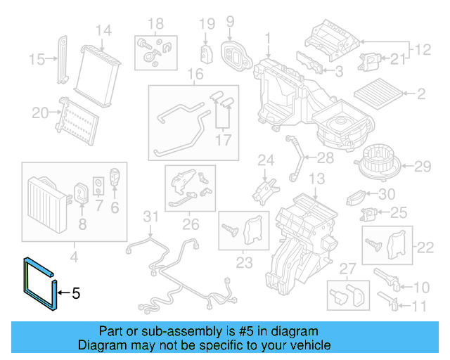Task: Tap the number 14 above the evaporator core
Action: pos(103,30)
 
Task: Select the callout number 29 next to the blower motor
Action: pos(421,167)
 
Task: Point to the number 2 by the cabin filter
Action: pos(422,94)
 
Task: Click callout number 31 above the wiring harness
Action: pos(151,215)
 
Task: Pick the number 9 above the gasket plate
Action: pos(229,22)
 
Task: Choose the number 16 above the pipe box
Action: pos(195,75)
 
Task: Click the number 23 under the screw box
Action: pos(244,264)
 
